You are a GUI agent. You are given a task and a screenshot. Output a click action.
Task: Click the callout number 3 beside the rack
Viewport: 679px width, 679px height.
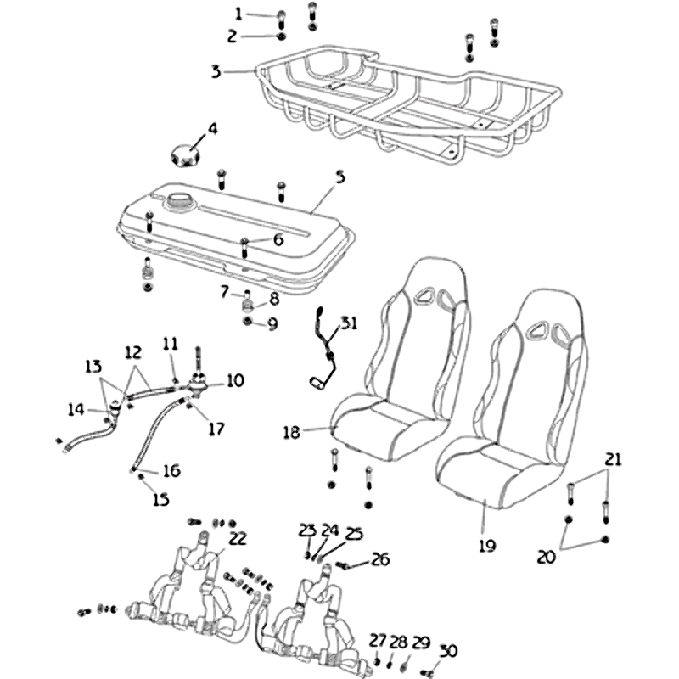216,72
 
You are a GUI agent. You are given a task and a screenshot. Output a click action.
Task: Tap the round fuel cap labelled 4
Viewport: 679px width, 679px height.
183,158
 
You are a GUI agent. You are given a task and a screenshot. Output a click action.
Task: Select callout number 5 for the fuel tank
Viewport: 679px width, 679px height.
339,177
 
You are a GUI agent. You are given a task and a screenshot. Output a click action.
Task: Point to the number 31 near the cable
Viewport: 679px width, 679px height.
350,324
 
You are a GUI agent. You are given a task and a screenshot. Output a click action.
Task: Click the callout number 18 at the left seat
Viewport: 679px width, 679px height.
292,433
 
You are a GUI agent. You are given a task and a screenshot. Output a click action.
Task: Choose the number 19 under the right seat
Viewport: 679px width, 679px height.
486,546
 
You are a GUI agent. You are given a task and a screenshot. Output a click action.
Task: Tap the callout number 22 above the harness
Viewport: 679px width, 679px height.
238,537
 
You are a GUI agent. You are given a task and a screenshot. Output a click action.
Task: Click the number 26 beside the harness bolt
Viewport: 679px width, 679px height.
380,559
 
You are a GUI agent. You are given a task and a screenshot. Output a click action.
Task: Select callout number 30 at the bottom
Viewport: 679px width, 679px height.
447,651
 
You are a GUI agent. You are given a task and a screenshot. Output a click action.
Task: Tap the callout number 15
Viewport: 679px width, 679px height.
161,500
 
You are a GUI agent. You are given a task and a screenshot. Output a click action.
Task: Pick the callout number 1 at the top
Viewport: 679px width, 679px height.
238,14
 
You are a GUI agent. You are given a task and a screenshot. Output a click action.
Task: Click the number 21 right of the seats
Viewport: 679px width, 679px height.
613,459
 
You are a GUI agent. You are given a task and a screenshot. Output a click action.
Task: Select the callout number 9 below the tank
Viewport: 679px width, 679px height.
272,323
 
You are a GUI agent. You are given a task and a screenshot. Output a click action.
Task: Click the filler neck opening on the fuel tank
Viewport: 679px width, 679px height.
180,202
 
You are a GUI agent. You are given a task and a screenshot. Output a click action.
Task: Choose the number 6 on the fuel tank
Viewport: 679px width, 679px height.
278,240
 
